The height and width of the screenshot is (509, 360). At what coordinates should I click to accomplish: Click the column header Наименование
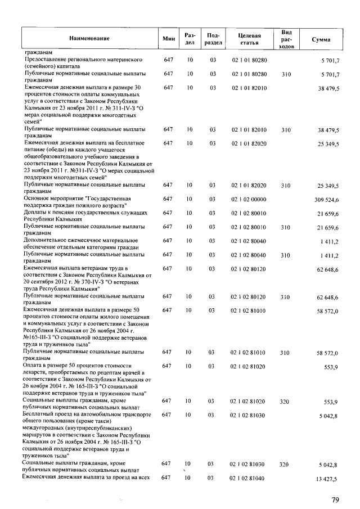(89, 38)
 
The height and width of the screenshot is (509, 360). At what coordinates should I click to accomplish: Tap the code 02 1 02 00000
(249, 200)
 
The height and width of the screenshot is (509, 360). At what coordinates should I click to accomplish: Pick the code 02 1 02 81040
(249, 479)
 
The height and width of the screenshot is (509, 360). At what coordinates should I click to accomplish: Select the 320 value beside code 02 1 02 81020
(285, 402)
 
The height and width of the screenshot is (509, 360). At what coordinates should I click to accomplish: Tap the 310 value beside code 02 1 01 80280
(285, 74)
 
